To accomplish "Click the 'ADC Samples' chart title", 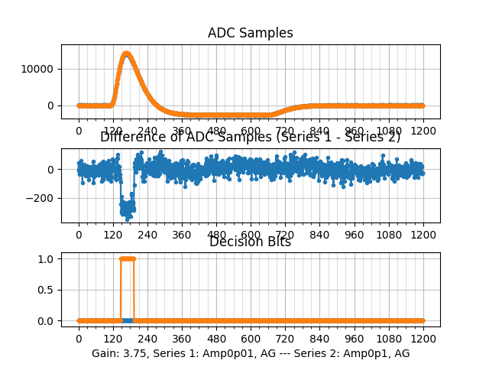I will point(250,33).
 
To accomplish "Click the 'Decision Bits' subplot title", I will point(250,242).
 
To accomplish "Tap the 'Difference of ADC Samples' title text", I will point(250,137).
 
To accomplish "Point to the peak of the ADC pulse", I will point(126,54).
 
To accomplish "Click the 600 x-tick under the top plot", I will point(251,131).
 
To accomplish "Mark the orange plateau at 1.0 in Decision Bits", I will point(128,258).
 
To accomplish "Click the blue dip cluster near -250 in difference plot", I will point(128,207).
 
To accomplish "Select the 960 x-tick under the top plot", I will point(355,131).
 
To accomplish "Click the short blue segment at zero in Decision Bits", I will point(128,320).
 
